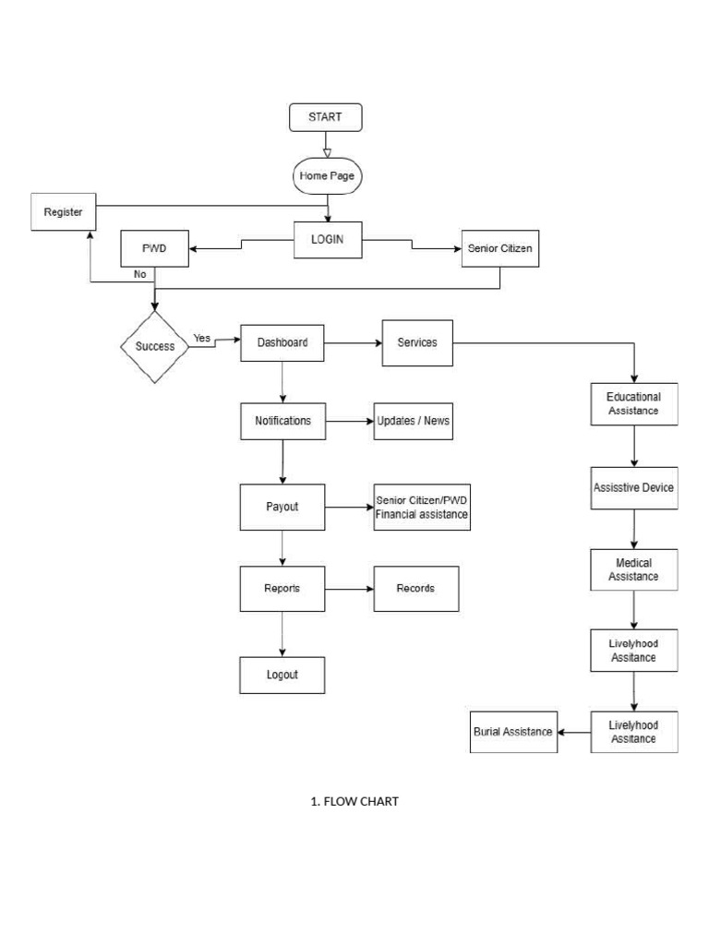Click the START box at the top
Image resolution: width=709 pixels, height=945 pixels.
pyautogui.click(x=325, y=117)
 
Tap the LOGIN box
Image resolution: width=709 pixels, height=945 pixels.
pyautogui.click(x=328, y=240)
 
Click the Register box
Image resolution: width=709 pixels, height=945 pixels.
pyautogui.click(x=63, y=212)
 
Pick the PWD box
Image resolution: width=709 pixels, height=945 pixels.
pyautogui.click(x=154, y=248)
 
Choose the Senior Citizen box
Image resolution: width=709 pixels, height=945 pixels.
pyautogui.click(x=499, y=248)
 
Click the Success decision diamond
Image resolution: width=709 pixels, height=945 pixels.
pyautogui.click(x=155, y=347)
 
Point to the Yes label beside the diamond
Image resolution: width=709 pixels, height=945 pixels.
pyautogui.click(x=202, y=339)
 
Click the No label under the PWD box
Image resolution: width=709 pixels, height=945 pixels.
pyautogui.click(x=139, y=274)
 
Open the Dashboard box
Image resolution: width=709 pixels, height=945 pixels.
pyautogui.click(x=282, y=343)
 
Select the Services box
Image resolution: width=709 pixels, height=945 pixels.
pyautogui.click(x=417, y=342)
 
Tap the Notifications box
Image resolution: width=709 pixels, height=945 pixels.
pyautogui.click(x=282, y=421)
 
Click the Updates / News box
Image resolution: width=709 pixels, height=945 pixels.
pyautogui.click(x=413, y=421)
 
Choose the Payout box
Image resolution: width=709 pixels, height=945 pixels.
pyautogui.click(x=282, y=507)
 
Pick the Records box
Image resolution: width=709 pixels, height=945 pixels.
pyautogui.click(x=415, y=589)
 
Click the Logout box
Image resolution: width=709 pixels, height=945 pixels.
pyautogui.click(x=282, y=675)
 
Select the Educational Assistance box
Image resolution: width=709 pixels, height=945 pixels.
pyautogui.click(x=633, y=404)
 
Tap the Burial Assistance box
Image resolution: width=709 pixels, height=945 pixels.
pyautogui.click(x=513, y=732)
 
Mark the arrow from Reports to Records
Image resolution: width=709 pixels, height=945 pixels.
pyautogui.click(x=349, y=589)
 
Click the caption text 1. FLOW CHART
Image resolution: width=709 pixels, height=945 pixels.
pyautogui.click(x=354, y=801)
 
